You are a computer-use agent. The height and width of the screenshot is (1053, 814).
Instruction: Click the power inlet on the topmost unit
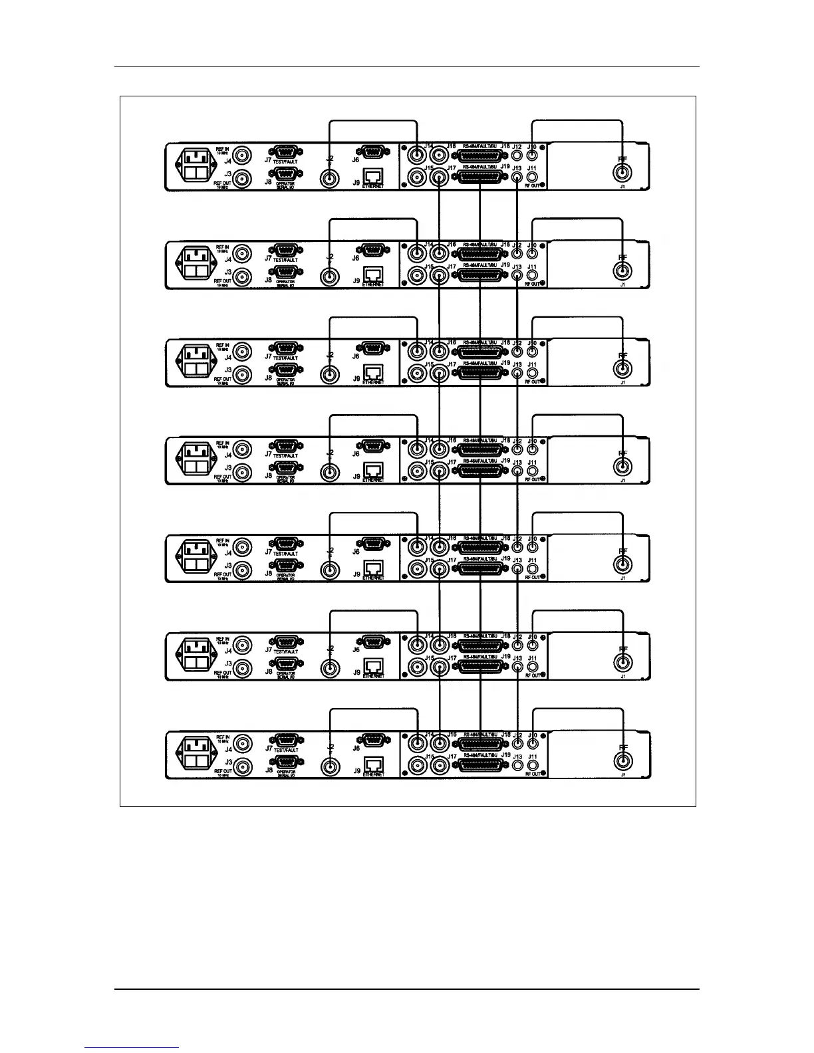click(198, 166)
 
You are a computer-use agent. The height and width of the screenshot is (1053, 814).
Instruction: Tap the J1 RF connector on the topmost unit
click(622, 174)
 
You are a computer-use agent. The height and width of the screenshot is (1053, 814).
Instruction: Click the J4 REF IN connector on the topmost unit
click(244, 156)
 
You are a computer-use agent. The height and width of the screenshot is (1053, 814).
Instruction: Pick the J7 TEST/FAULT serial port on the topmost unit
click(287, 152)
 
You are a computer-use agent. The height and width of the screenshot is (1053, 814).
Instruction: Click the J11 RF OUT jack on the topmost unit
click(532, 177)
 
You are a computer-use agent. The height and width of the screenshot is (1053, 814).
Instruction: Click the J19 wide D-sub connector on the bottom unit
click(479, 766)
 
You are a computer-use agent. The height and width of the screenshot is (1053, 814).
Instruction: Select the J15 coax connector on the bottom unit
click(417, 766)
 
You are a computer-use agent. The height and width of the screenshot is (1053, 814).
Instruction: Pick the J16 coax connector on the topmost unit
click(439, 156)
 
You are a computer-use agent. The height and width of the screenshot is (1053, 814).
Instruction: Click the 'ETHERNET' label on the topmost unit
click(373, 187)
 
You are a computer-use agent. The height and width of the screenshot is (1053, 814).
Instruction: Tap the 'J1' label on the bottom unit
click(622, 775)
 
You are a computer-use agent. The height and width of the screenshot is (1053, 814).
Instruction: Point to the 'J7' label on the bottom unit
click(268, 748)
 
